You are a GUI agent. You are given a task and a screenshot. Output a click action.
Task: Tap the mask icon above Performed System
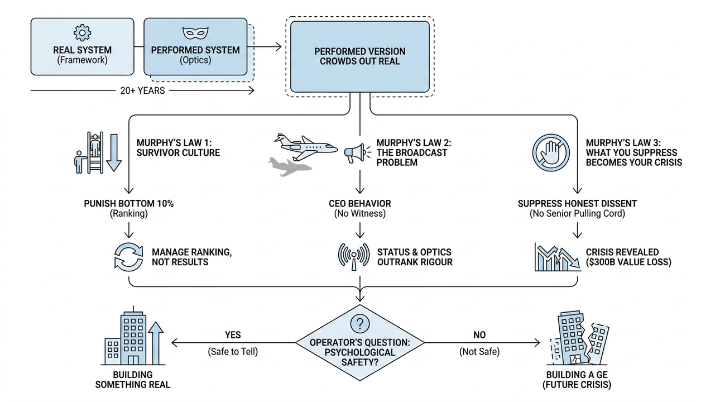195,32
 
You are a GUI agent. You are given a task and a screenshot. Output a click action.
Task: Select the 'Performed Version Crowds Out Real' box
359,56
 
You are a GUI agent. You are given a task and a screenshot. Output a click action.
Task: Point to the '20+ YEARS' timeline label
142,90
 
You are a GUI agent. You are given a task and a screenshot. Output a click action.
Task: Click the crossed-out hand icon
550,152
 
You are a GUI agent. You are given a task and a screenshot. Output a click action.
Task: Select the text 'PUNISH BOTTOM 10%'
129,204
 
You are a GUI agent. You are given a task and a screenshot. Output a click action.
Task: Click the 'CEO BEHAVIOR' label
360,204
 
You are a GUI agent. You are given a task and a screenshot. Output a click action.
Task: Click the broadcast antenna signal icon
354,257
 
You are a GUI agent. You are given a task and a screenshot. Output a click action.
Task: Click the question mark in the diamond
359,323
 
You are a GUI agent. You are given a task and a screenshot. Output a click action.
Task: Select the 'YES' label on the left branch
232,335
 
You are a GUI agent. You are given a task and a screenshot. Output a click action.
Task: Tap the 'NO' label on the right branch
479,335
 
